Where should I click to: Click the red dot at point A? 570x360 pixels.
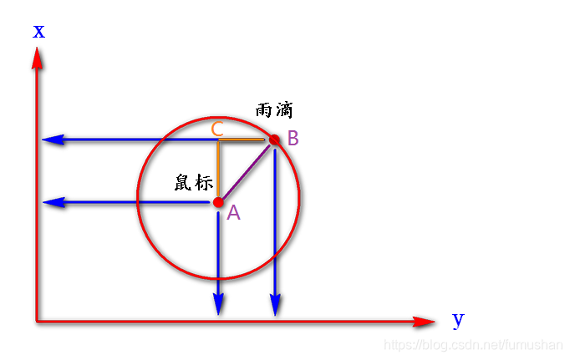[218, 202]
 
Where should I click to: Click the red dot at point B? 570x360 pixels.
[273, 139]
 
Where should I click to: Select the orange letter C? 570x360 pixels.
[216, 129]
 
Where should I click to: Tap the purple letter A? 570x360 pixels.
[234, 214]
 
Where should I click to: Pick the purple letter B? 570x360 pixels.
[293, 139]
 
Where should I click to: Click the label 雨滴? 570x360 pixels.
[274, 110]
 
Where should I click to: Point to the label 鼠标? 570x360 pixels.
[194, 183]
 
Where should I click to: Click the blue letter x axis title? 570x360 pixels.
[38, 32]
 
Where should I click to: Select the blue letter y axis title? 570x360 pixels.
[457, 318]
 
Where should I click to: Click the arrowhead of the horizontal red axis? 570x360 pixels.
[425, 321]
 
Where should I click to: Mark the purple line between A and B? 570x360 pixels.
[246, 171]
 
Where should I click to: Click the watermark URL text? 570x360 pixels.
[472, 343]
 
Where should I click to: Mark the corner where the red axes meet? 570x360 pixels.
[38, 320]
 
